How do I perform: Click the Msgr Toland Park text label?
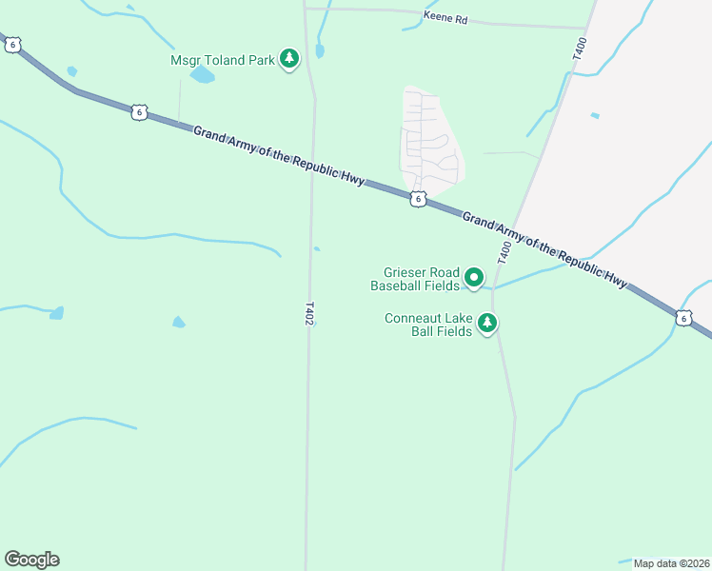click(x=223, y=60)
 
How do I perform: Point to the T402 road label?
click(x=309, y=315)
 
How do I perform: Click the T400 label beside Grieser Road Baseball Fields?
click(x=504, y=253)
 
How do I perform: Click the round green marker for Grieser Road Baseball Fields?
click(x=474, y=278)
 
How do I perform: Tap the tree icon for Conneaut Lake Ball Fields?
click(x=487, y=325)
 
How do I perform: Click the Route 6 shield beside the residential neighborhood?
click(x=418, y=198)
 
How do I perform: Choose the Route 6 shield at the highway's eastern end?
click(x=683, y=318)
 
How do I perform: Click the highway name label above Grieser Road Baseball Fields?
click(x=545, y=250)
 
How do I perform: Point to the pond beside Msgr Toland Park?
click(x=202, y=74)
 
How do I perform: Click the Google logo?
click(x=31, y=560)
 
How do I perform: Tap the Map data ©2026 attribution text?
click(x=671, y=563)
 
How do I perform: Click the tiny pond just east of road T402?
click(x=317, y=249)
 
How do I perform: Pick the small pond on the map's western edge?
click(x=56, y=313)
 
